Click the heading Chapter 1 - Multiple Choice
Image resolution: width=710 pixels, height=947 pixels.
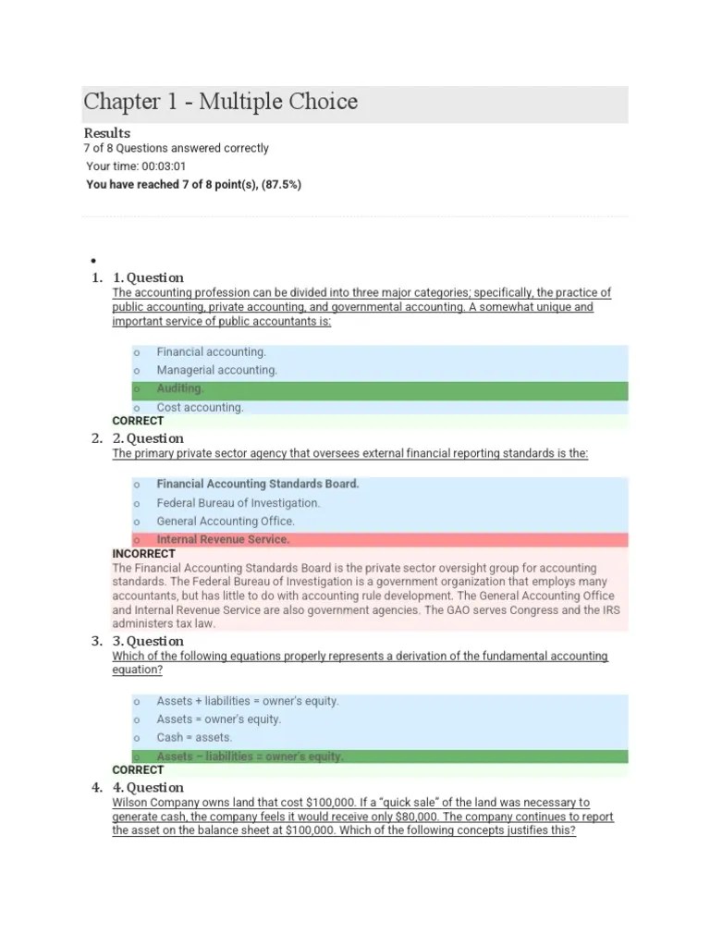click(220, 102)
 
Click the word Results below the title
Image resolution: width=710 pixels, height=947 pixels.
click(107, 132)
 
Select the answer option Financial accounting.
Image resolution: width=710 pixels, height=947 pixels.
click(211, 352)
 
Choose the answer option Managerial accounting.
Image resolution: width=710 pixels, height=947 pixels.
click(216, 370)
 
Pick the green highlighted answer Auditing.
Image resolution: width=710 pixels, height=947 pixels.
click(180, 389)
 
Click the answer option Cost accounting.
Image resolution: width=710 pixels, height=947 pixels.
click(200, 407)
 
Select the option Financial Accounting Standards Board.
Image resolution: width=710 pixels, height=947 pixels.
click(258, 484)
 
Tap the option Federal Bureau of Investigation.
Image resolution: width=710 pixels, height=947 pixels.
click(238, 503)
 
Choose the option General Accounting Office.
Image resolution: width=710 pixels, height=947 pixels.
click(226, 521)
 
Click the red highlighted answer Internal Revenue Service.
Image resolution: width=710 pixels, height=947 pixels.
click(223, 539)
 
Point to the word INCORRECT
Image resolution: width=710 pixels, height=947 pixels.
click(143, 554)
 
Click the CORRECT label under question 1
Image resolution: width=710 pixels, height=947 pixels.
click(138, 421)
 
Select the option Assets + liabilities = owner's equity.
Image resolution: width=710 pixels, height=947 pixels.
click(248, 701)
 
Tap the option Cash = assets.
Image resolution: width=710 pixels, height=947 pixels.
click(194, 737)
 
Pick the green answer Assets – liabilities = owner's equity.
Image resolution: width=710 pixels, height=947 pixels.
click(250, 756)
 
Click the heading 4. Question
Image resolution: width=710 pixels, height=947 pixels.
click(148, 788)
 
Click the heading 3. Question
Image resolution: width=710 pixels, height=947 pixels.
click(148, 641)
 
